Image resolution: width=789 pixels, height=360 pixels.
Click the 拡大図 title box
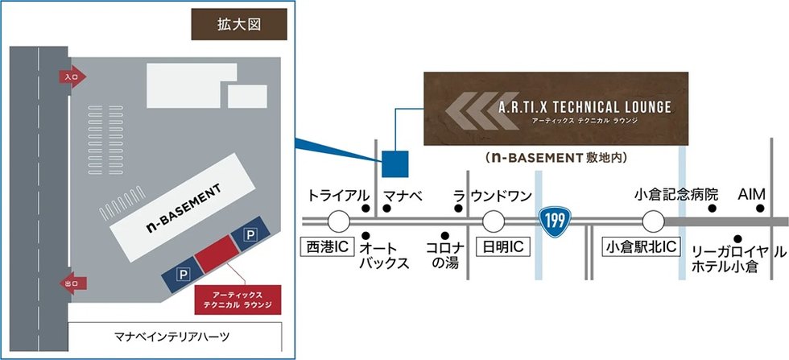pos(239,25)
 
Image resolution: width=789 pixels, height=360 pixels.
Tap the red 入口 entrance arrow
pos(72,77)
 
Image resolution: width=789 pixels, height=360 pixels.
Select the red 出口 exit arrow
pos(73,283)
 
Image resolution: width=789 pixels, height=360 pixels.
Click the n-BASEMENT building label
pos(184,208)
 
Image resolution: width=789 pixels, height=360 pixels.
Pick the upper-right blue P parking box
pos(250,234)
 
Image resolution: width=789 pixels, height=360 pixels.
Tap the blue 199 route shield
pos(555,221)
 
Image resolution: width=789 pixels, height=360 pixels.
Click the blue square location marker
pos(395,164)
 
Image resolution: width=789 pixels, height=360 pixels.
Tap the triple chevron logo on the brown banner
pos(482,111)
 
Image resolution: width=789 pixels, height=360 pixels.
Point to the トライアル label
pos(338,196)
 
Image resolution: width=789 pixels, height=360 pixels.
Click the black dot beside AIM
pos(760,208)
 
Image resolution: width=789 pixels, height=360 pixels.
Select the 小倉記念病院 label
pos(676,194)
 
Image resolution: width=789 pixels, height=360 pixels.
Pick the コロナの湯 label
pos(444,255)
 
